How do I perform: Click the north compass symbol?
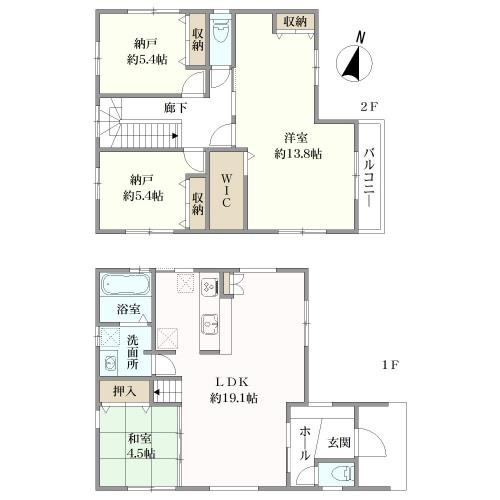pyautogui.click(x=354, y=60)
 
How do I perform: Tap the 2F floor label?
pyautogui.click(x=369, y=107)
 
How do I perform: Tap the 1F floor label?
pyautogui.click(x=390, y=365)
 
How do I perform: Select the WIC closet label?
pyautogui.click(x=226, y=190)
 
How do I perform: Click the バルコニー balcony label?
pyautogui.click(x=369, y=178)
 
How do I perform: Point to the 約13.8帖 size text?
pyautogui.click(x=298, y=154)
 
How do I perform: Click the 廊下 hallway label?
pyautogui.click(x=175, y=108)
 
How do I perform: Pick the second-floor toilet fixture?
pyautogui.click(x=220, y=31)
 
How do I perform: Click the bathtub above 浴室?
pyautogui.click(x=126, y=284)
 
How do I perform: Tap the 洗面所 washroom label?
pyautogui.click(x=132, y=352)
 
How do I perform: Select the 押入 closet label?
pyautogui.click(x=125, y=391)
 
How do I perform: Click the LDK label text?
pyautogui.click(x=232, y=382)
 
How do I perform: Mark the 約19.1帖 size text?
pyautogui.click(x=233, y=398)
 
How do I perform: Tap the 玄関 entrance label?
pyautogui.click(x=339, y=442)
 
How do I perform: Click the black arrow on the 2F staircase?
pyautogui.click(x=175, y=136)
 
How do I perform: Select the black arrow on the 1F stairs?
pyautogui.click(x=157, y=392)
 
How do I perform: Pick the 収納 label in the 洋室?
pyautogui.click(x=295, y=22)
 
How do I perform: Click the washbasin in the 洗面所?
pyautogui.click(x=110, y=363)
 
